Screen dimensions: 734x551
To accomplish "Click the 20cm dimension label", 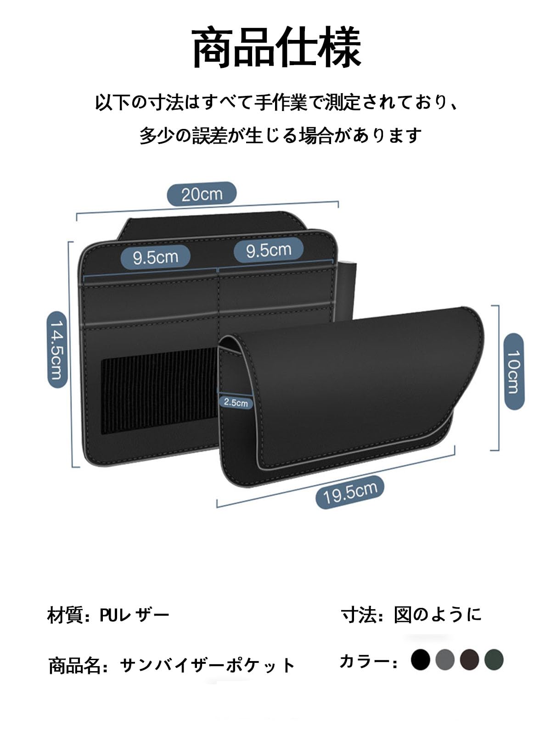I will pyautogui.click(x=202, y=194).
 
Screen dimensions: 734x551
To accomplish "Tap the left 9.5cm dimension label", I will pyautogui.click(x=155, y=257).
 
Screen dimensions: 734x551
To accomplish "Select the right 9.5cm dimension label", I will pyautogui.click(x=269, y=250).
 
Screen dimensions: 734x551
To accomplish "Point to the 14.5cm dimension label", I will pyautogui.click(x=58, y=349).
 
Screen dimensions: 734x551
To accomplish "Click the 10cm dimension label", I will pyautogui.click(x=514, y=371).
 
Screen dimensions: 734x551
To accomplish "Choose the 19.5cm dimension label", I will pyautogui.click(x=350, y=492).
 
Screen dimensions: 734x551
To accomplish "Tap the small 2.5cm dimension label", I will pyautogui.click(x=236, y=402).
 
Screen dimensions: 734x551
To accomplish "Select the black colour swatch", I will pyautogui.click(x=420, y=660).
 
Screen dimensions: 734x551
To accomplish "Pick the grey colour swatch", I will pyautogui.click(x=445, y=660).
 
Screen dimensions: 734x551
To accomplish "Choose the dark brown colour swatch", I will pyautogui.click(x=470, y=660).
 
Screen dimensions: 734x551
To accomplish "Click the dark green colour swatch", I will pyautogui.click(x=494, y=660).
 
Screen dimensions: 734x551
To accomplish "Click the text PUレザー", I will pyautogui.click(x=135, y=615).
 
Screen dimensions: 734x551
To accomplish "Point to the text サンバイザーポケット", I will pyautogui.click(x=208, y=665).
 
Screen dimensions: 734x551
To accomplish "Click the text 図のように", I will pyautogui.click(x=438, y=614).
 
